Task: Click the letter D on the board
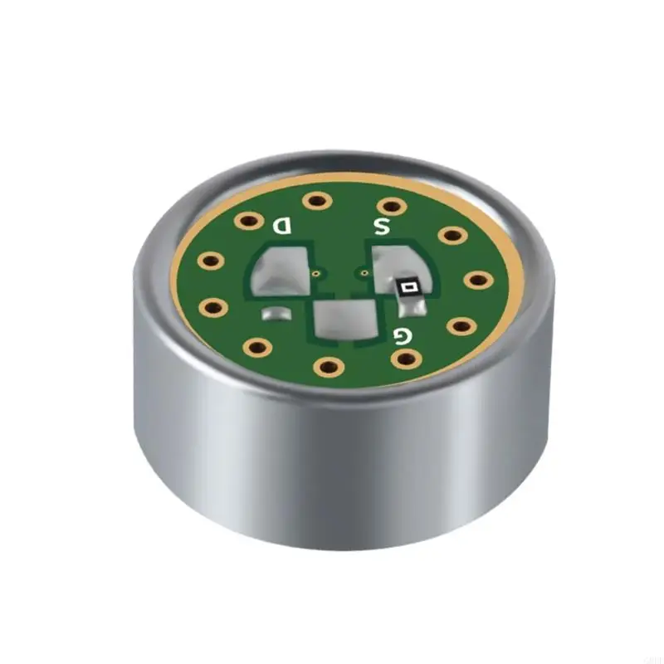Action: point(282,225)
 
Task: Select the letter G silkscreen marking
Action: point(402,336)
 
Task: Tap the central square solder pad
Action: point(344,320)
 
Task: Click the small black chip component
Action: point(408,287)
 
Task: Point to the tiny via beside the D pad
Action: point(317,271)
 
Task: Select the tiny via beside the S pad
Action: point(364,271)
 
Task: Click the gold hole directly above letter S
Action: point(388,205)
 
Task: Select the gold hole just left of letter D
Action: point(247,221)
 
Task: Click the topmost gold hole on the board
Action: point(315,200)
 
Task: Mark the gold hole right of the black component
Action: point(478,280)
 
